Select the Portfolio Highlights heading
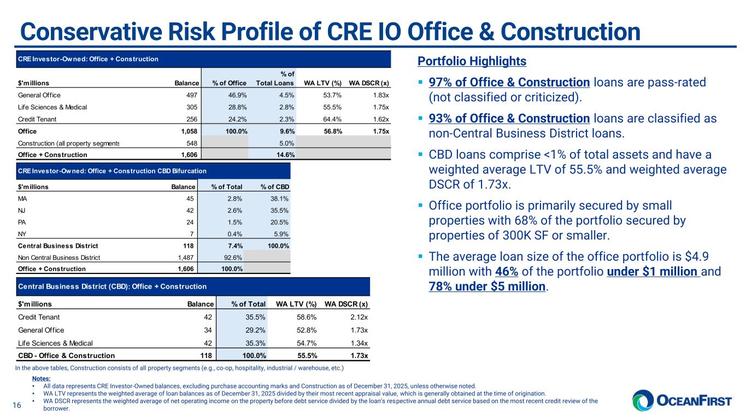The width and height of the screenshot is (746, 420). click(x=472, y=61)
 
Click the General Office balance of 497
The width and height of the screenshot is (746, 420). click(x=191, y=95)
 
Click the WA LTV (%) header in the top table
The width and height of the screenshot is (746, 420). click(x=323, y=83)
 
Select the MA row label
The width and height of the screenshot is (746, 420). click(x=22, y=199)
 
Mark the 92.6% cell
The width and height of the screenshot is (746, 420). click(x=234, y=257)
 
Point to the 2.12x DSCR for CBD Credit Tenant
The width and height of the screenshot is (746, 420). click(x=358, y=317)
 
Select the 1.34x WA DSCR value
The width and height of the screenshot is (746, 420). click(x=358, y=343)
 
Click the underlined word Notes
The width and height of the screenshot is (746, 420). click(x=42, y=378)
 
